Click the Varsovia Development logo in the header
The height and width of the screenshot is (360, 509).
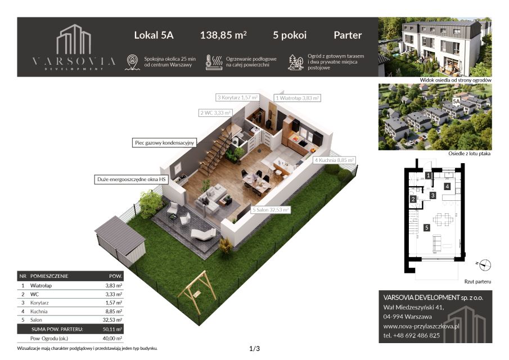[74, 47]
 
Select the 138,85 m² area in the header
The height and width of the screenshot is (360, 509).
[223, 35]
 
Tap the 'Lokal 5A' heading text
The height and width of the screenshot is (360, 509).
[154, 35]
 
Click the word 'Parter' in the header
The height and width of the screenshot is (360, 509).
[348, 35]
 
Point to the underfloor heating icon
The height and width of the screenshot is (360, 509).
[214, 62]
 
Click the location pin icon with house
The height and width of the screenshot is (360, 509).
[132, 62]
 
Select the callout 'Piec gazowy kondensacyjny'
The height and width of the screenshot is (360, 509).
[164, 143]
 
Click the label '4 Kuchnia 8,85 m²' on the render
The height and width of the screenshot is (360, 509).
[334, 160]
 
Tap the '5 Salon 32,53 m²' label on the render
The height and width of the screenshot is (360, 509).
[271, 210]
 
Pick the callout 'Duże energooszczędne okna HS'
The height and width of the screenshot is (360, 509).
[132, 179]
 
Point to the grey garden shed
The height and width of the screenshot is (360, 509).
[120, 239]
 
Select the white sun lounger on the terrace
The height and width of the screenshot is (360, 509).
[204, 234]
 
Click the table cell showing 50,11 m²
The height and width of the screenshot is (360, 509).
[112, 329]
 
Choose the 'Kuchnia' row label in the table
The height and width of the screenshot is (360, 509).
[39, 311]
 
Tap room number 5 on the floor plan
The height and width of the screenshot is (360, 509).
[427, 228]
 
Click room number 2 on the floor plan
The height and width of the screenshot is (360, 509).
[413, 199]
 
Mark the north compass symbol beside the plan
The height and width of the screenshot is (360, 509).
[484, 265]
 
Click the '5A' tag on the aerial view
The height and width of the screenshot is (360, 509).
[456, 102]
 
